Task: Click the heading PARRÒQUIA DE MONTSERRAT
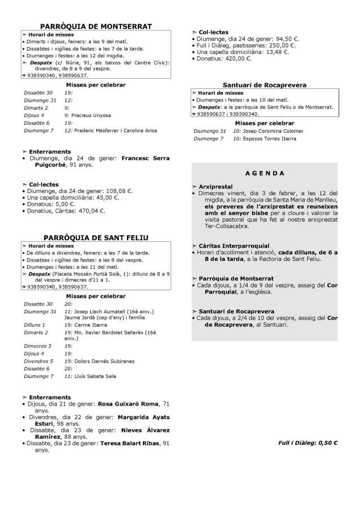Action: coord(96,26)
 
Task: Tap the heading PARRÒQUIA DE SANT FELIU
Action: coord(96,238)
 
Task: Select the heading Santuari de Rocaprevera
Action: coord(264,85)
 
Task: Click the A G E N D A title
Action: coord(265,173)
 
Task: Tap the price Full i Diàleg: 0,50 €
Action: coord(308,443)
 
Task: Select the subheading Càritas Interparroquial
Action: coord(234,246)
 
